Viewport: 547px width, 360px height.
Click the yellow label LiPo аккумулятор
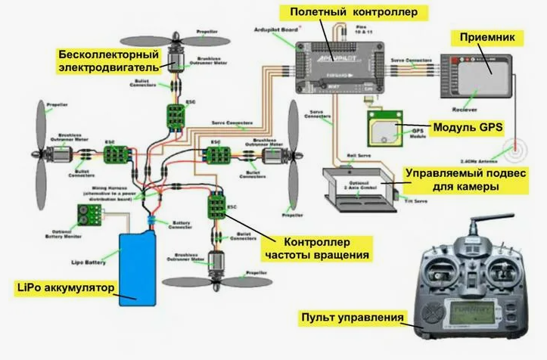[65, 288]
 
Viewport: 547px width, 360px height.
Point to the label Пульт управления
[352, 316]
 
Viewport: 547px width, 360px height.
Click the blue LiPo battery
[138, 268]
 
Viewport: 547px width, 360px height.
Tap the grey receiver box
[476, 72]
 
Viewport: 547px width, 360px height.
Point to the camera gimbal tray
[356, 186]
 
